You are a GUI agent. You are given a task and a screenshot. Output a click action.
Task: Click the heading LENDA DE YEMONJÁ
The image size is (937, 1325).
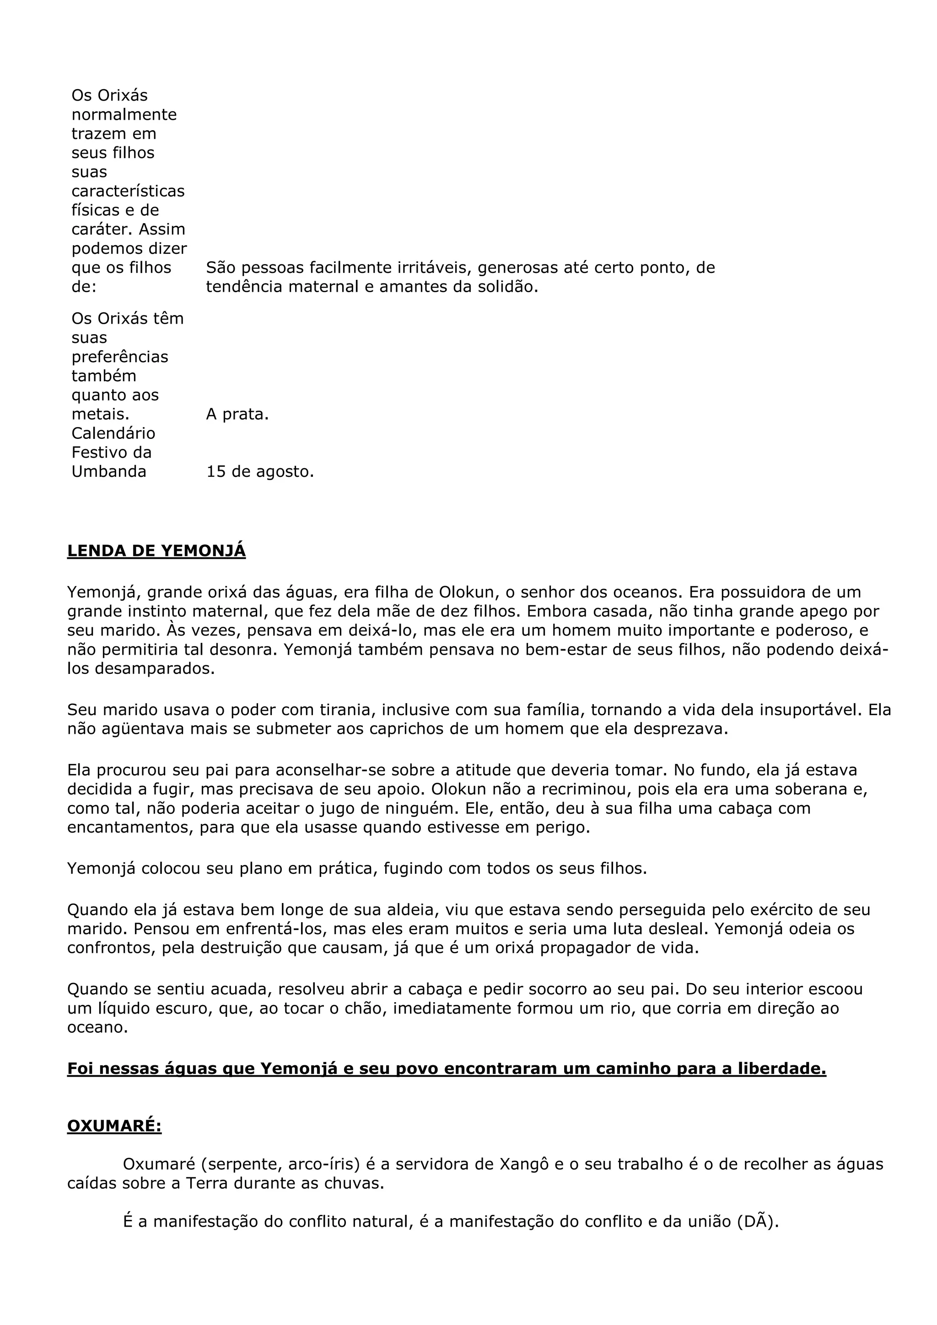point(156,550)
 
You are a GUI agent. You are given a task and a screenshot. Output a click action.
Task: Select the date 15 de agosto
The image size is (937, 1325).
point(260,471)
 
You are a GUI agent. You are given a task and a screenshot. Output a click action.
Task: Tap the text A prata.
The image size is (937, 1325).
point(237,414)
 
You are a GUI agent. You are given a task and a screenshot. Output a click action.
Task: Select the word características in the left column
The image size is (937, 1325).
point(128,191)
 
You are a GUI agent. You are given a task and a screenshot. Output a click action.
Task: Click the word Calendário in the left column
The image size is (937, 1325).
point(113,433)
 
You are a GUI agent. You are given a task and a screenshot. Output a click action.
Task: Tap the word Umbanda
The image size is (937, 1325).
point(108,471)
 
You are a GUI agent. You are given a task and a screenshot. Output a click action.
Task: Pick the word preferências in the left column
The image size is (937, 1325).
point(119,357)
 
